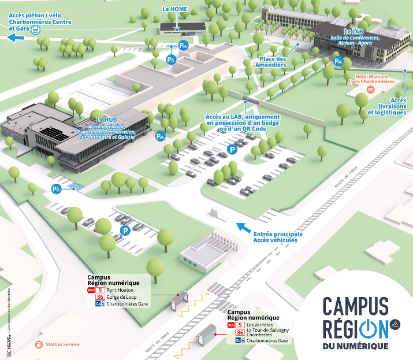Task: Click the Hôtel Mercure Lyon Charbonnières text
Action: coord(374,79)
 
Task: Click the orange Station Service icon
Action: coord(39,344)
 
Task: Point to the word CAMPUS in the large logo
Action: coord(355,305)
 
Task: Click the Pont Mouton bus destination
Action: coord(120,290)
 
